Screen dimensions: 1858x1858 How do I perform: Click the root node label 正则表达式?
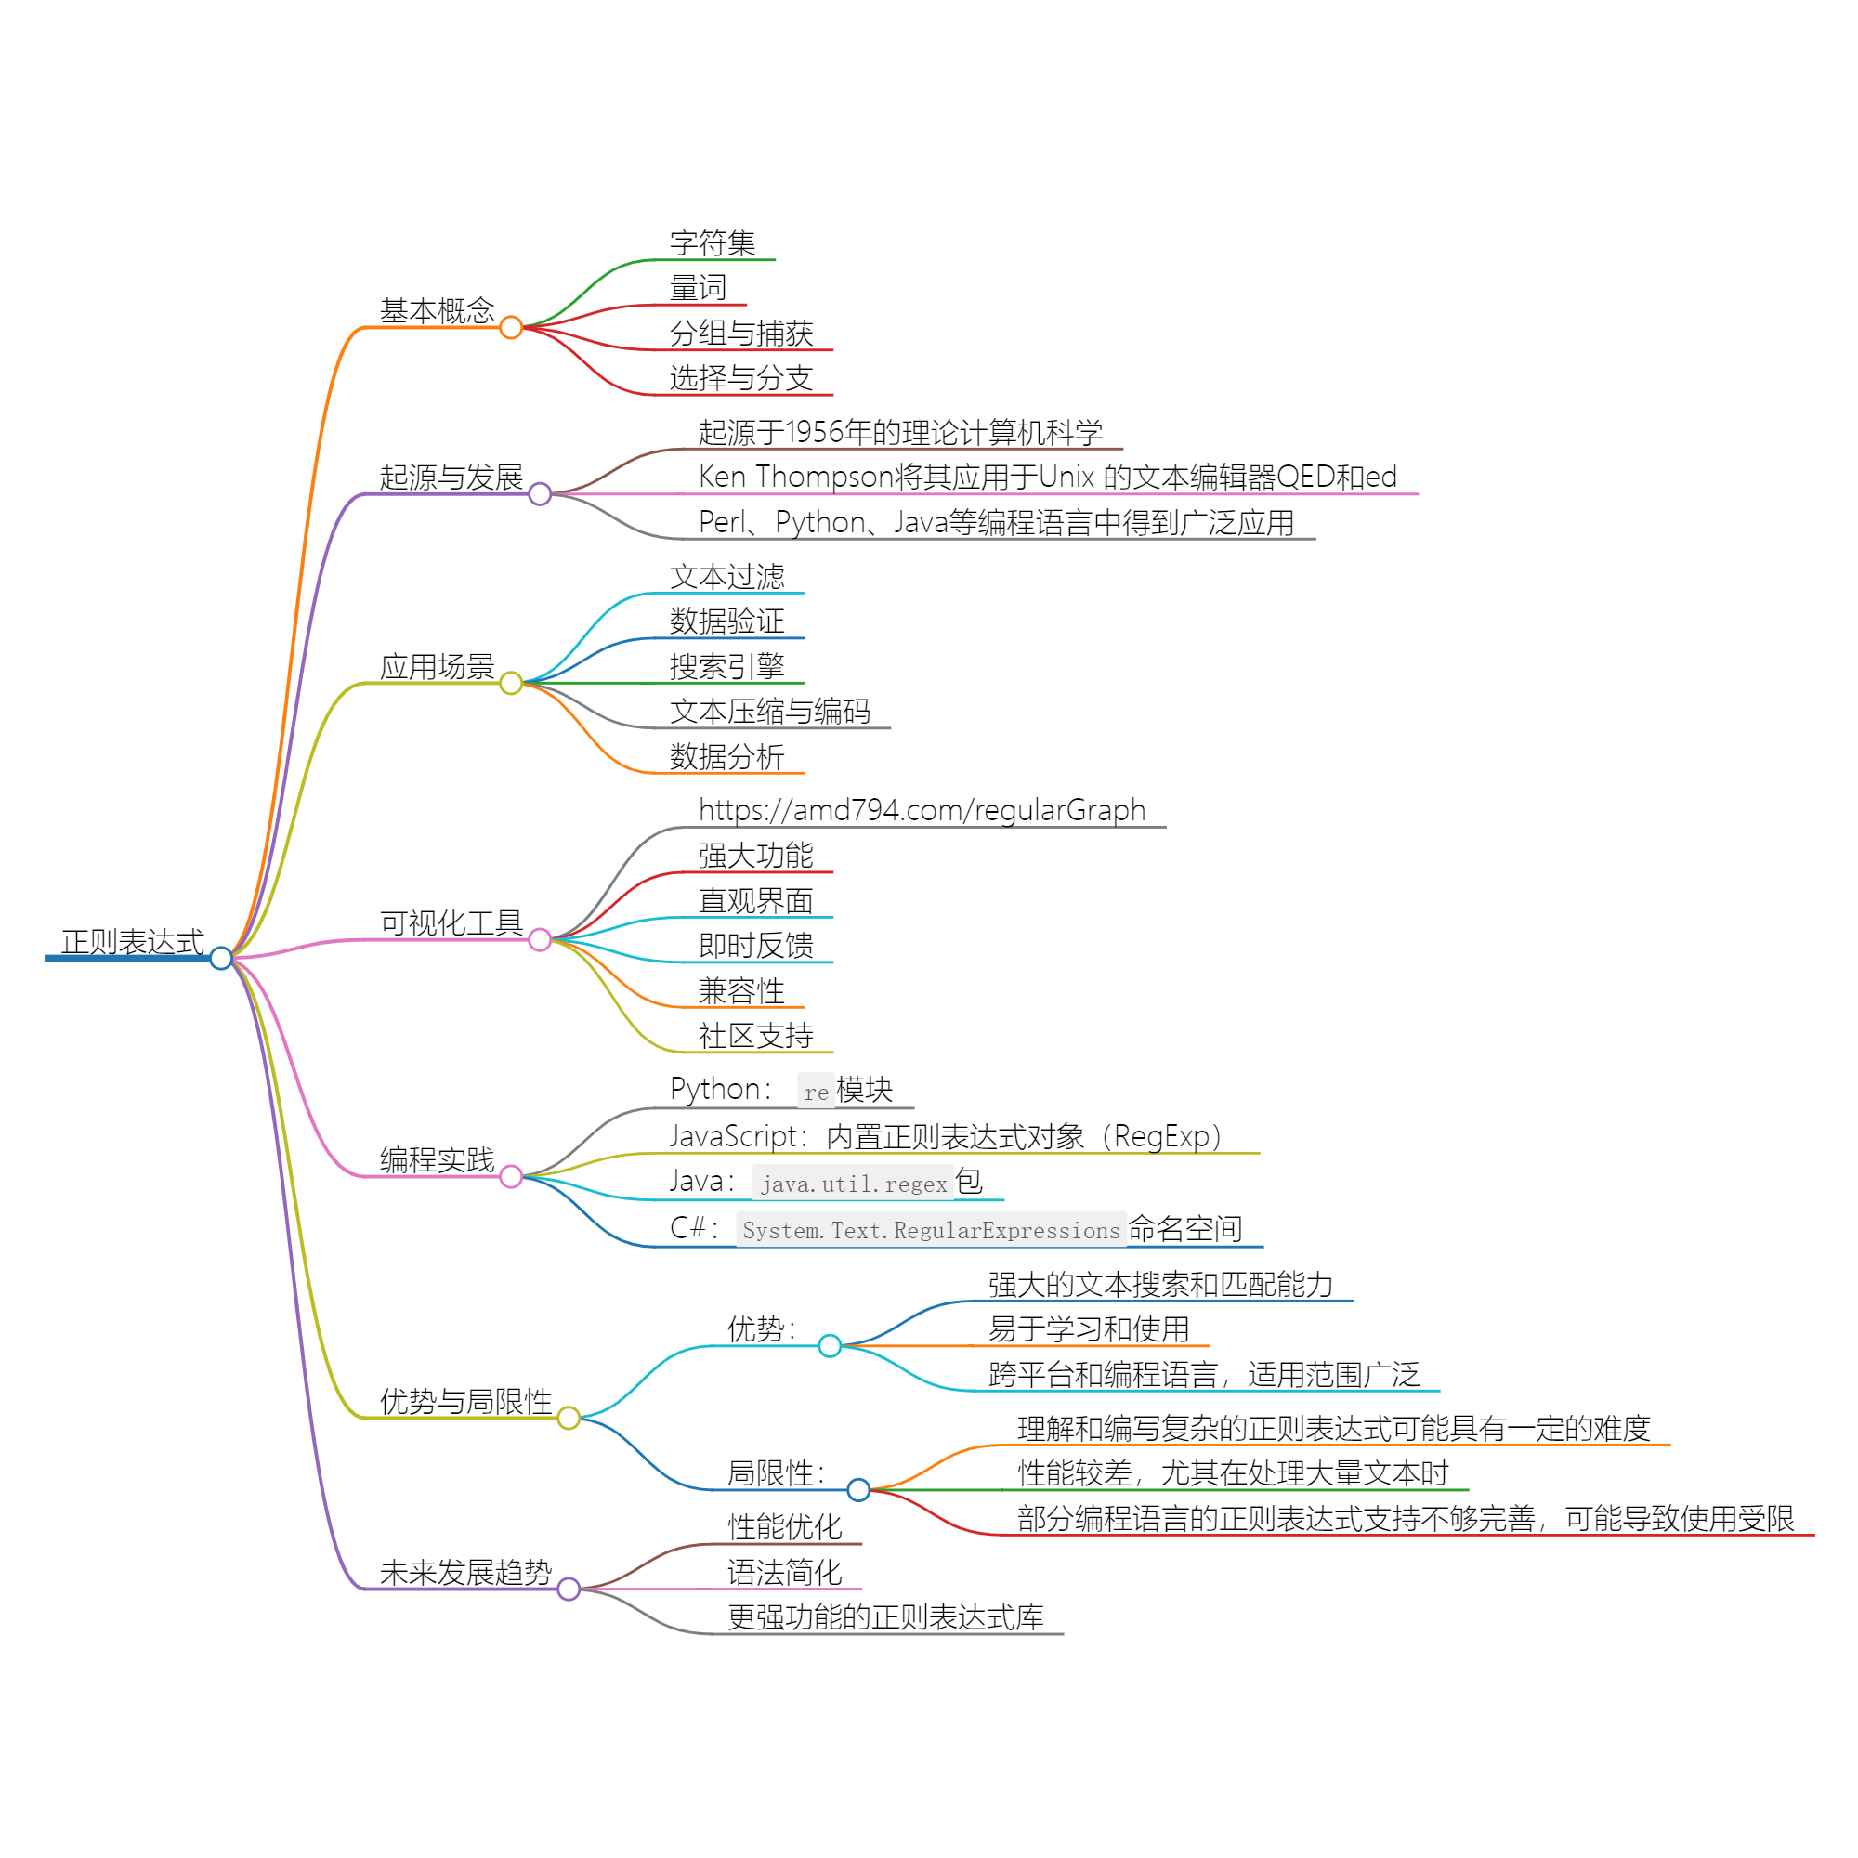click(133, 941)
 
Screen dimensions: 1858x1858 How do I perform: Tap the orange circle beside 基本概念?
click(511, 327)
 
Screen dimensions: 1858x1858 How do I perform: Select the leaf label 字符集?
click(713, 243)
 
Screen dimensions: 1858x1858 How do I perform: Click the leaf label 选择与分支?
click(741, 378)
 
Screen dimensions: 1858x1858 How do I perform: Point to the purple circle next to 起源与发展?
click(540, 493)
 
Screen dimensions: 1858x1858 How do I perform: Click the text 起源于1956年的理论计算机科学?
click(900, 433)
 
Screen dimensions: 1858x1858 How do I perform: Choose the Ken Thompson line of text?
click(1047, 477)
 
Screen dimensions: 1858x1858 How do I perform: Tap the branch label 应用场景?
click(437, 666)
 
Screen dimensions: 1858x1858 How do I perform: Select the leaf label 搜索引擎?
click(727, 666)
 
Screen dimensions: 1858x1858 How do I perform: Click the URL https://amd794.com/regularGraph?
click(922, 810)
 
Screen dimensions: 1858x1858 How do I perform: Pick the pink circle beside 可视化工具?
click(540, 939)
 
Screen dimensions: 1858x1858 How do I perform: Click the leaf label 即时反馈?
click(756, 946)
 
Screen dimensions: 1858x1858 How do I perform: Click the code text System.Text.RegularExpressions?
click(931, 1230)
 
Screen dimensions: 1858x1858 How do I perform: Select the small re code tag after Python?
click(816, 1092)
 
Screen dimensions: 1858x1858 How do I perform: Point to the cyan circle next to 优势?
click(829, 1345)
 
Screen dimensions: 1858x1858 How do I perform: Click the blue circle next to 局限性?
click(857, 1490)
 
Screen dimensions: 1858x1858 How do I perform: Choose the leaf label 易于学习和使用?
click(1089, 1329)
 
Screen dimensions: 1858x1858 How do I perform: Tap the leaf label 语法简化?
click(785, 1573)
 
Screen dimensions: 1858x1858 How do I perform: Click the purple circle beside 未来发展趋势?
click(569, 1589)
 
